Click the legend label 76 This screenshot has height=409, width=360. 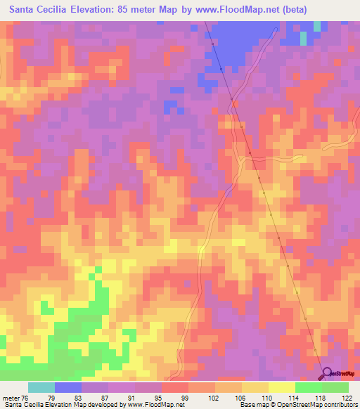[x=24, y=397]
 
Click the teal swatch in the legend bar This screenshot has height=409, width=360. [x=41, y=387]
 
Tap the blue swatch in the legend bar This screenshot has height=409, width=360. [x=68, y=387]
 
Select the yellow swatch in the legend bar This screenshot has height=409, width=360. [x=282, y=387]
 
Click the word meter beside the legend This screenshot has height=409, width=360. [x=11, y=397]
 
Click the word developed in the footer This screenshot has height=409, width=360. [x=103, y=404]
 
